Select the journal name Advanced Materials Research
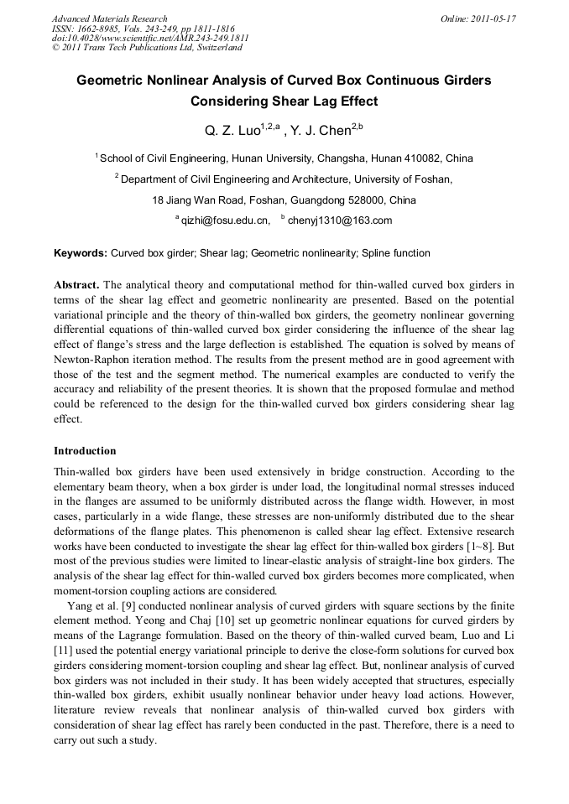click(x=109, y=18)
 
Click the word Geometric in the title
click(x=111, y=81)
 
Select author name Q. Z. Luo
click(x=232, y=132)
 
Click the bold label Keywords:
click(x=81, y=253)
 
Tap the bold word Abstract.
click(x=76, y=285)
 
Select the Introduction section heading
click(x=85, y=451)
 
